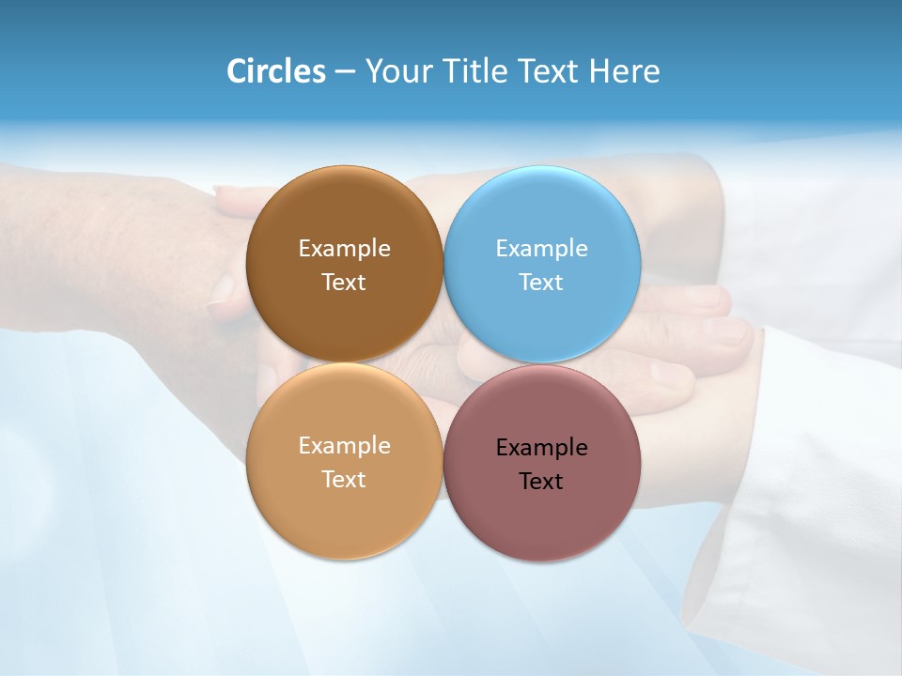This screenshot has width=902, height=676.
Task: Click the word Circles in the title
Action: (276, 71)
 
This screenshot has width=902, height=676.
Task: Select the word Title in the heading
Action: (477, 71)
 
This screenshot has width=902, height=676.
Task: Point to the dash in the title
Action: (345, 72)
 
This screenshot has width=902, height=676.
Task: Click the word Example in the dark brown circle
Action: (344, 249)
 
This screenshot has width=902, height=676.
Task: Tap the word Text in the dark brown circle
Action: (344, 283)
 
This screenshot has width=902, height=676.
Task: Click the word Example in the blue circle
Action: (542, 249)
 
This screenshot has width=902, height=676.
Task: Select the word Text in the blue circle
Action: (542, 283)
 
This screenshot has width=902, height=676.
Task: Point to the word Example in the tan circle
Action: (344, 446)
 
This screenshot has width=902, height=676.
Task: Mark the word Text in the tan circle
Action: (344, 480)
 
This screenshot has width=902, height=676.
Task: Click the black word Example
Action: (542, 448)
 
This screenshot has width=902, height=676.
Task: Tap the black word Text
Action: (542, 482)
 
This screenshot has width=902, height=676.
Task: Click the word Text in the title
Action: (550, 71)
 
